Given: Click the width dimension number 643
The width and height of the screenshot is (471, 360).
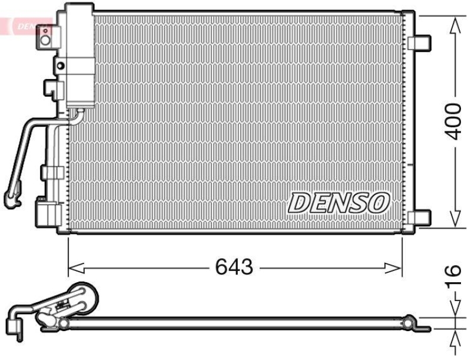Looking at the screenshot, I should pyautogui.click(x=234, y=267).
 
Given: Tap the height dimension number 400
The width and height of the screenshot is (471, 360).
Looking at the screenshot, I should pyautogui.click(x=453, y=121).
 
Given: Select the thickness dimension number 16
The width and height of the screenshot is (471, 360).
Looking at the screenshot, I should pyautogui.click(x=452, y=278).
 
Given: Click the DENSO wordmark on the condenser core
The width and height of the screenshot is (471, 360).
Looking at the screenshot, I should pyautogui.click(x=339, y=203).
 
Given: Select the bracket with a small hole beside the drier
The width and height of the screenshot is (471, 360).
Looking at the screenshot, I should pyautogui.click(x=59, y=65).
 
